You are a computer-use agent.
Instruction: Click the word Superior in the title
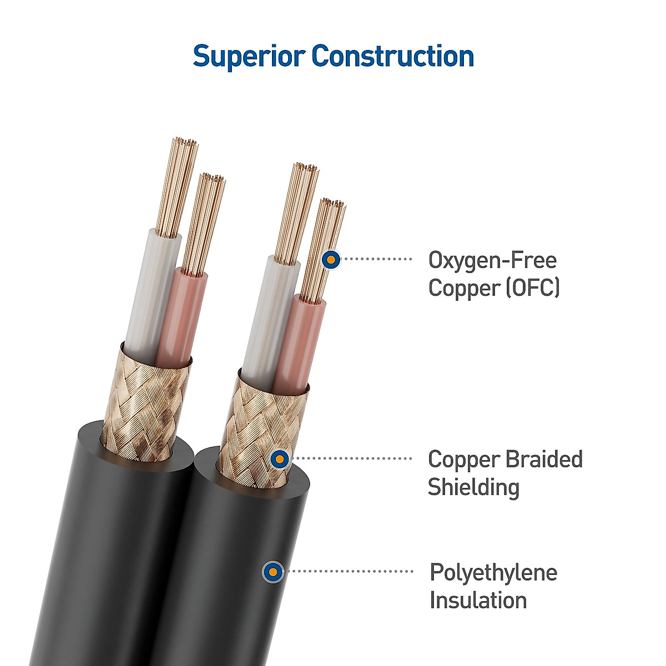pos(249,57)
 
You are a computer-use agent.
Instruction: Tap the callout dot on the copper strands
pos(331,259)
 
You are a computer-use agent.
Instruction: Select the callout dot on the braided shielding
pos(280,459)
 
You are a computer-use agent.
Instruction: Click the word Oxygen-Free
pos(492,260)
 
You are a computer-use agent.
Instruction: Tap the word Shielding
pos(473,487)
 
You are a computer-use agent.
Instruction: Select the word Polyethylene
pos(493,572)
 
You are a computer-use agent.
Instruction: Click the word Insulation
pos(478,600)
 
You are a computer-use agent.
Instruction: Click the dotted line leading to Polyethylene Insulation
pos(350,571)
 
